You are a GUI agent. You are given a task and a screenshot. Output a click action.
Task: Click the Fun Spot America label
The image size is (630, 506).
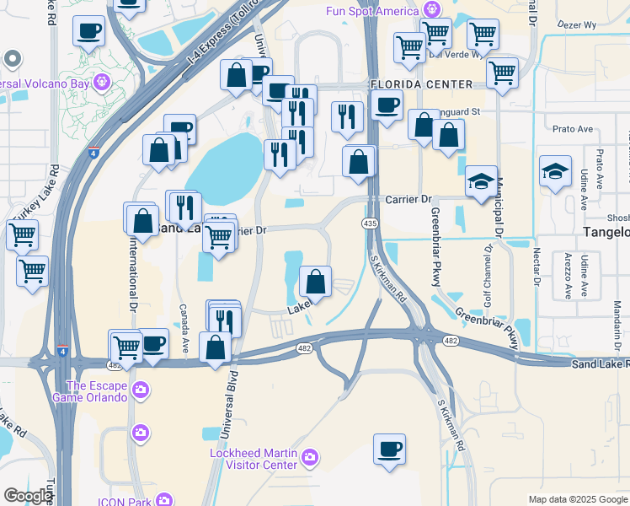(372, 11)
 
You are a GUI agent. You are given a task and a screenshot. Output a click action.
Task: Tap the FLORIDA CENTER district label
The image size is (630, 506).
(421, 85)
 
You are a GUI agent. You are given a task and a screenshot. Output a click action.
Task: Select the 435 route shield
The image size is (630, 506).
(370, 223)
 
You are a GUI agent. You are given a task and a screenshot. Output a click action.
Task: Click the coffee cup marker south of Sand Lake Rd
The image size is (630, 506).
(389, 449)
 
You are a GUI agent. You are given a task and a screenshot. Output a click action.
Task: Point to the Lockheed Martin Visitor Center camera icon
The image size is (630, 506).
(311, 457)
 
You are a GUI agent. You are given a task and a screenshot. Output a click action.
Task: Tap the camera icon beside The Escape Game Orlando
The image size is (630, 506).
(140, 390)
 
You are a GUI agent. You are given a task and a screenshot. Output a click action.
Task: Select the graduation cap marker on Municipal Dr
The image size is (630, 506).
(481, 181)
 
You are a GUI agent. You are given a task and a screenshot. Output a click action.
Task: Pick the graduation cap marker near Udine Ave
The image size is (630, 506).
(555, 170)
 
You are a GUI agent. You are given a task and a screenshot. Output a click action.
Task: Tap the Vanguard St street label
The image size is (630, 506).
(459, 110)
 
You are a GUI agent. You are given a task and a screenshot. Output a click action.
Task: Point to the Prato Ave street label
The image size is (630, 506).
(568, 129)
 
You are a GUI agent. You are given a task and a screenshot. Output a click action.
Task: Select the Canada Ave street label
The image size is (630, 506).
(183, 330)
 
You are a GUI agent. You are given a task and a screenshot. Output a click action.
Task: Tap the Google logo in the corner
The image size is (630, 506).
(27, 495)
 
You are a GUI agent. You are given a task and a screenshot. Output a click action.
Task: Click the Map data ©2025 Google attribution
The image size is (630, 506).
(578, 499)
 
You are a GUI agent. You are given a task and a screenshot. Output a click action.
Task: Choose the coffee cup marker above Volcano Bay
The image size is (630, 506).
(88, 31)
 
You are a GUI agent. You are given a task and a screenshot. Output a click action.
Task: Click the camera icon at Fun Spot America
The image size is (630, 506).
(432, 10)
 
